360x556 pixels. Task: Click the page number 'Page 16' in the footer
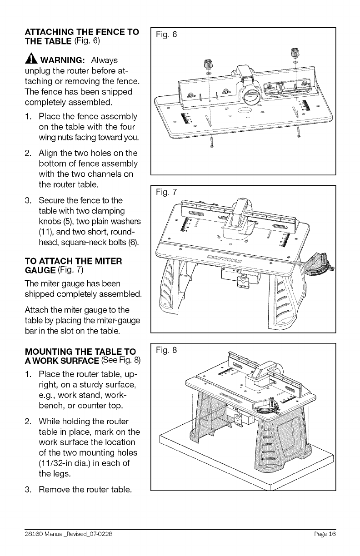point(325,534)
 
